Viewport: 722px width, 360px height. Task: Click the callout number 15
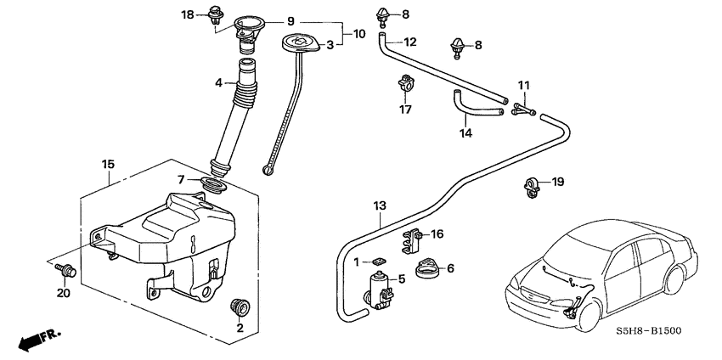[108, 163]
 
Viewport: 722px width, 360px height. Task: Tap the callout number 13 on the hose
[379, 205]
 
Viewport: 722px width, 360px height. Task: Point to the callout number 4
[218, 83]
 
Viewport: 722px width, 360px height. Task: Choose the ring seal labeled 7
[217, 184]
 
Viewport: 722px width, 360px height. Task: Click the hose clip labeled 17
[405, 86]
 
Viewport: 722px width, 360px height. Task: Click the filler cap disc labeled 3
[302, 42]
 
